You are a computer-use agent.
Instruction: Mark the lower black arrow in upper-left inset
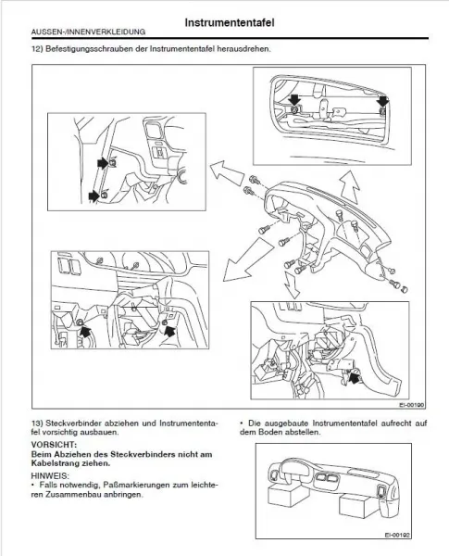click(x=94, y=195)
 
